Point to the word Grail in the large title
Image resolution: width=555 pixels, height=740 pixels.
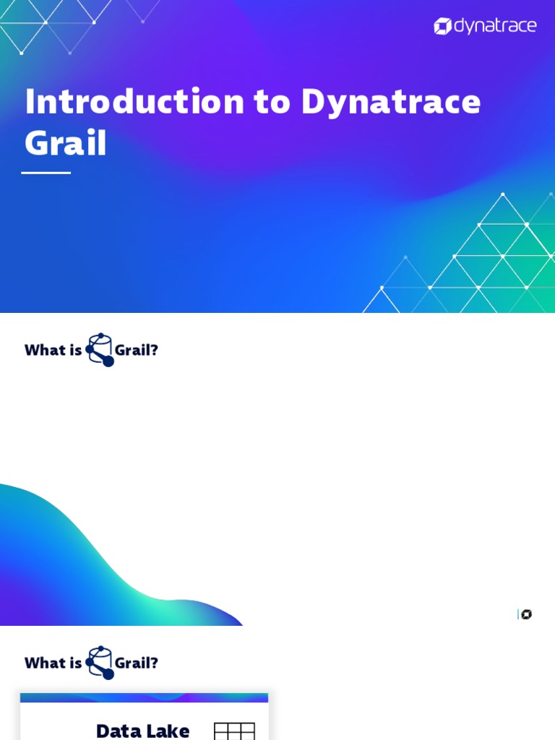66,142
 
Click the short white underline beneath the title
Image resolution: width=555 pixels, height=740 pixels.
46,173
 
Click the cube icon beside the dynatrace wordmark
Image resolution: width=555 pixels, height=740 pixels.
442,27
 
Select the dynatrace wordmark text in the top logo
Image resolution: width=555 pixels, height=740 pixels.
495,27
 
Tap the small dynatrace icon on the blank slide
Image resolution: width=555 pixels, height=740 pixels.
526,614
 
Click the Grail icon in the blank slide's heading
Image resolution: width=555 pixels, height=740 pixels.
100,350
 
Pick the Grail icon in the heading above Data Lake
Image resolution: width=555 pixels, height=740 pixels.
100,662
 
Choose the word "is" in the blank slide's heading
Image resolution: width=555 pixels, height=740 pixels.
76,350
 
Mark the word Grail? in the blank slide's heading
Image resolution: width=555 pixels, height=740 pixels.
137,350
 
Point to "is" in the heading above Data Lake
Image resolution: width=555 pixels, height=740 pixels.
76,663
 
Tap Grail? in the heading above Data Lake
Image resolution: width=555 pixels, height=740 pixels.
137,663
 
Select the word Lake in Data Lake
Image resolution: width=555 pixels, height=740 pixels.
169,731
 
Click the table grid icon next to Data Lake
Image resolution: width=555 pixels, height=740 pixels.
234,731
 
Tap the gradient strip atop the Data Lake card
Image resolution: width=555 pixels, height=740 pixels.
144,697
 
